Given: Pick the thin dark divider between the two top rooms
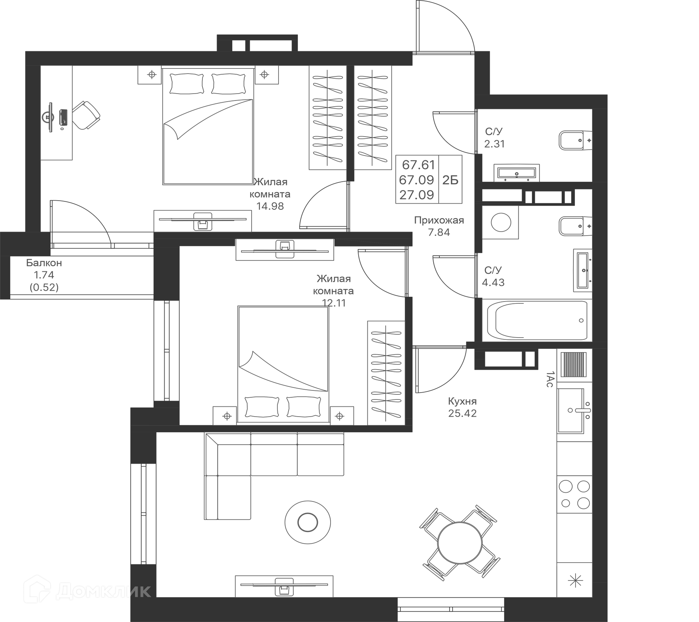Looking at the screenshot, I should point(350,117).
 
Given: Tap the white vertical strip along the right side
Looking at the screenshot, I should point(653,310).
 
